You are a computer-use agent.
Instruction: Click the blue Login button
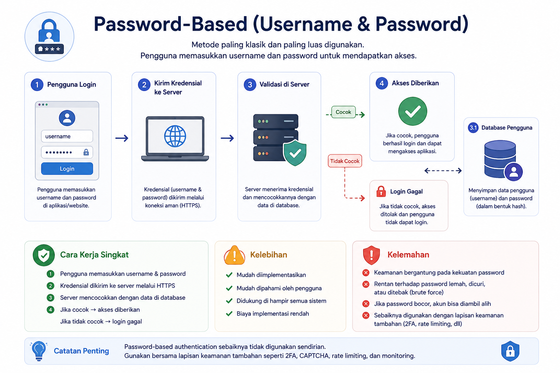[67, 169]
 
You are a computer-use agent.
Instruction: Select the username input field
[67, 136]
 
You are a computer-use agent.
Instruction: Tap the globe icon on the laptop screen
[175, 136]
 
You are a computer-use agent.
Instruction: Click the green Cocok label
[343, 112]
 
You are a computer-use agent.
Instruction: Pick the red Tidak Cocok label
[345, 161]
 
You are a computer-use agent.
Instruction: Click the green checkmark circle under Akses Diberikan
[412, 111]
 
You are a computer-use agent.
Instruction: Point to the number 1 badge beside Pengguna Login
[37, 85]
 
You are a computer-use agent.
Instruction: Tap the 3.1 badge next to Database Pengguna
[473, 128]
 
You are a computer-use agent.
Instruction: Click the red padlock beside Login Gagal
[381, 191]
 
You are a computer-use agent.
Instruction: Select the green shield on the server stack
[295, 153]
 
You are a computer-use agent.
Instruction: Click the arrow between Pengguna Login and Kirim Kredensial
[122, 138]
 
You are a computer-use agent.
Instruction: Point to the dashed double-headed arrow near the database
[443, 170]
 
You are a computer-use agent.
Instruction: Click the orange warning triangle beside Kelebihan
[234, 255]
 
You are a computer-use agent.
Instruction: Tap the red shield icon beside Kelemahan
[371, 255]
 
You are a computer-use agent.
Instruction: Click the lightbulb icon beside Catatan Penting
[39, 351]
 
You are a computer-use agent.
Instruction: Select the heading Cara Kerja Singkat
[94, 255]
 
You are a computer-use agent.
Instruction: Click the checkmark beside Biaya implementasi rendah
[229, 314]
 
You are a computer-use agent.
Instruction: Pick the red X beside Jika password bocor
[366, 304]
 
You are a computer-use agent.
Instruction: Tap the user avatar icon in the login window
[67, 118]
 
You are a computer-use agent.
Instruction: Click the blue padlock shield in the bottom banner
[510, 351]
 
